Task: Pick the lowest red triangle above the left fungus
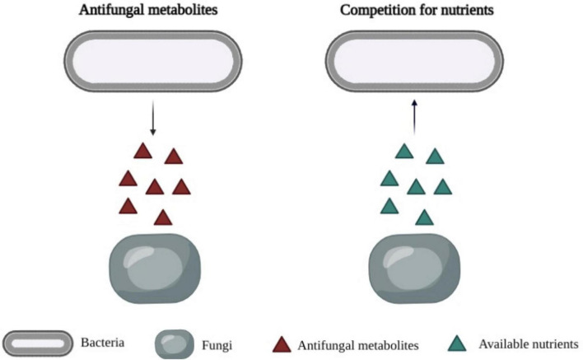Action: click(x=163, y=218)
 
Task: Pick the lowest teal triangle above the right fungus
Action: click(x=424, y=218)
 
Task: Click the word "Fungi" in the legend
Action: click(x=216, y=342)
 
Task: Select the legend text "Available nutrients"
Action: click(x=528, y=343)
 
